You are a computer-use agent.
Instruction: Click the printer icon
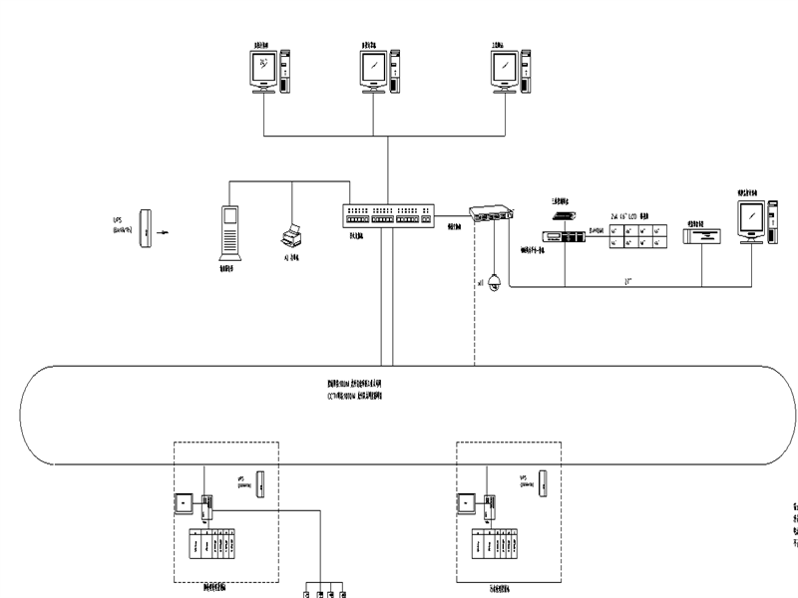[291, 236]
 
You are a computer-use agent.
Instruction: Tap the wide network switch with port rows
[389, 215]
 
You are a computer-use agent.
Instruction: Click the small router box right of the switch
[492, 213]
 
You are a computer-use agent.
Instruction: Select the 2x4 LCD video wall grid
[638, 236]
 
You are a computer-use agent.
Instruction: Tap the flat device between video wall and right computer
[701, 236]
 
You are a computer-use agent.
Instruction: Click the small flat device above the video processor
[561, 214]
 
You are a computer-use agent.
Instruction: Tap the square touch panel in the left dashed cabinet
[184, 503]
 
